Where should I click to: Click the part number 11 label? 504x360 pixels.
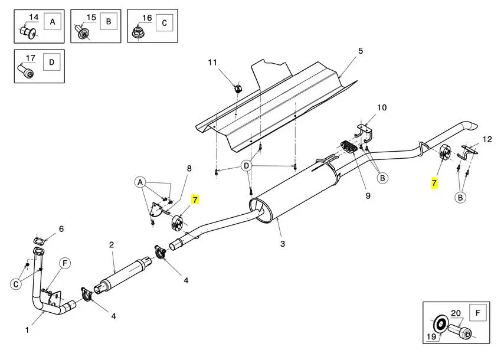point(212,62)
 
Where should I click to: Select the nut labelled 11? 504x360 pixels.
point(238,88)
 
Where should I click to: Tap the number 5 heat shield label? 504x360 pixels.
point(361,51)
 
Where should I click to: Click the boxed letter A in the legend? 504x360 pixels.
point(53,22)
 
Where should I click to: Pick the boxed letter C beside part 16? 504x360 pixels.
point(164,23)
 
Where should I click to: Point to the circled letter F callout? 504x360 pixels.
point(65,264)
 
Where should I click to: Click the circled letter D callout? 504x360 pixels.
point(247,166)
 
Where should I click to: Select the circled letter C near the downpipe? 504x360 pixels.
point(16,284)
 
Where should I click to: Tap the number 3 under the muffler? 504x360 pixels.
point(282,244)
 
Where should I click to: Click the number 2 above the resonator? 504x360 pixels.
point(111,245)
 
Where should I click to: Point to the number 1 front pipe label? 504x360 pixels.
point(27,330)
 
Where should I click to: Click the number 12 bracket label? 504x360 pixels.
point(487,139)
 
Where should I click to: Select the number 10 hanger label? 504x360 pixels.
point(382,107)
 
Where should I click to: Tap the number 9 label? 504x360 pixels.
point(368,195)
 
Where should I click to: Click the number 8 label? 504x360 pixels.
point(189,168)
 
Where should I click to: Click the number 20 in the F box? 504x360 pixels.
point(456,313)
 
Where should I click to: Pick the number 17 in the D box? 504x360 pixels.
point(30,58)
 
